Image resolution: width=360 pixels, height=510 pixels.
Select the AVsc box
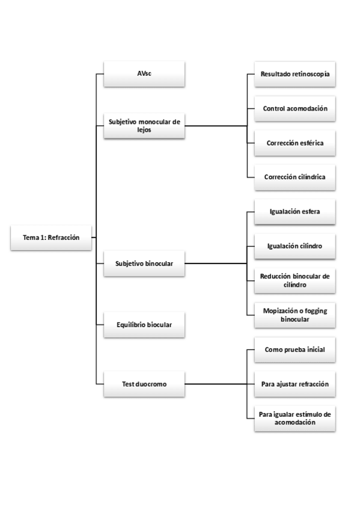pyautogui.click(x=144, y=74)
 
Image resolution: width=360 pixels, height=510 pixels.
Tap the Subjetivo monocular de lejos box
pyautogui.click(x=144, y=125)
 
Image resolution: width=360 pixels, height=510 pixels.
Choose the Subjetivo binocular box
pyautogui.click(x=144, y=263)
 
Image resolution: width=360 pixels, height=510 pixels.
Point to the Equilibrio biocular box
pyautogui.click(x=144, y=324)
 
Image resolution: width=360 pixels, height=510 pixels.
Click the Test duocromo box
pyautogui.click(x=144, y=383)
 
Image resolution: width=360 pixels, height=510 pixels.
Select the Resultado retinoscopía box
pyautogui.click(x=294, y=74)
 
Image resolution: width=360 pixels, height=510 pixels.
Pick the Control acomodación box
pyautogui.click(x=294, y=108)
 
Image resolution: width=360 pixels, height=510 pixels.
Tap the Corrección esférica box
pyautogui.click(x=294, y=143)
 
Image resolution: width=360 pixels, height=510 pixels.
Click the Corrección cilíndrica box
pyautogui.click(x=294, y=177)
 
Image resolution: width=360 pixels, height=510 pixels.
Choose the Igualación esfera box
pyautogui.click(x=294, y=211)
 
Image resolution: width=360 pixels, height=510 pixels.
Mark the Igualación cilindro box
pyautogui.click(x=294, y=245)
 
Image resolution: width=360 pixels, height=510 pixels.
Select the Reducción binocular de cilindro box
pyautogui.click(x=294, y=280)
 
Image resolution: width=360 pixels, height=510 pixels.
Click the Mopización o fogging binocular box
pyautogui.click(x=294, y=315)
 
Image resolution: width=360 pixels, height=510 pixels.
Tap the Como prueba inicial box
pyautogui.click(x=294, y=349)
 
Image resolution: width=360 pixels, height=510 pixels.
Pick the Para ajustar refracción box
pyautogui.click(x=294, y=383)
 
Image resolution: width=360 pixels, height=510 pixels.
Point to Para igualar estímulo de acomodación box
pyautogui.click(x=294, y=418)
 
